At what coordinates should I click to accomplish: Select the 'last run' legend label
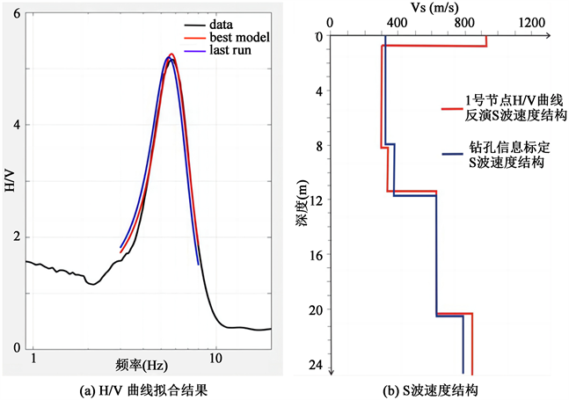point(231,52)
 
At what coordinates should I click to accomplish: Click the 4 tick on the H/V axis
point(20,125)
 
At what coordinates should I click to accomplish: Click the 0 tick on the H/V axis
point(20,348)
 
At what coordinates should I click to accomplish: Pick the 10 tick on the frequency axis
point(215,360)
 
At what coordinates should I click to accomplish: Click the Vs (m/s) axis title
point(432,8)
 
